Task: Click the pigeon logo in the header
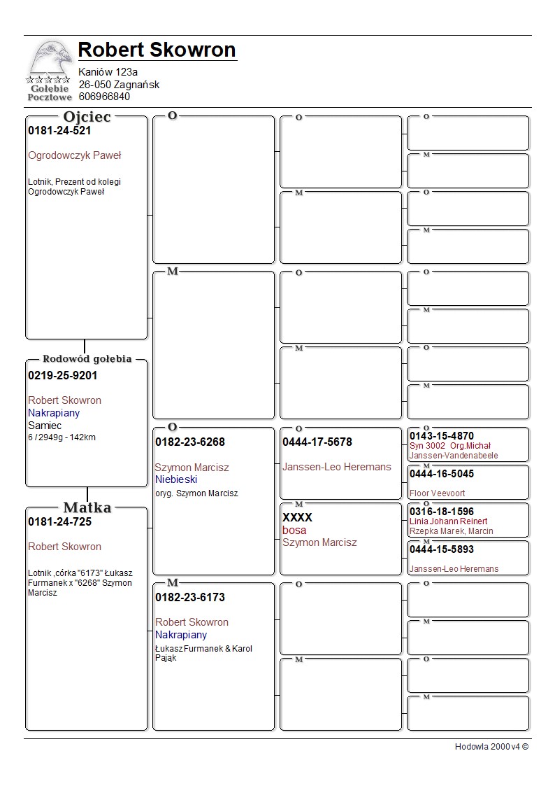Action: (x=49, y=70)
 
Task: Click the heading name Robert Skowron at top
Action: (x=157, y=50)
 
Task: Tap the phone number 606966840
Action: (x=104, y=97)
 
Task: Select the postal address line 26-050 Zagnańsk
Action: (x=119, y=85)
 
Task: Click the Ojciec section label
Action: (x=87, y=117)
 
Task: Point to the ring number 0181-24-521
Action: (x=59, y=131)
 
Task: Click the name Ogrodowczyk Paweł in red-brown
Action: (x=75, y=155)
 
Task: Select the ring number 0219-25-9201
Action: (x=63, y=376)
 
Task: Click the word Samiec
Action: (x=45, y=426)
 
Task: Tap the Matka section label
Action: (x=87, y=508)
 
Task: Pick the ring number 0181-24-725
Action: (x=59, y=522)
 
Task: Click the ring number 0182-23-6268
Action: (x=190, y=442)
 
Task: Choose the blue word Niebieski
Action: (x=176, y=479)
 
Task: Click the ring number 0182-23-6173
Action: (x=190, y=598)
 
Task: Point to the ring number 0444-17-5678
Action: (x=317, y=442)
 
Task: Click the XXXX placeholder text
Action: (x=297, y=518)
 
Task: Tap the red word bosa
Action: (x=294, y=531)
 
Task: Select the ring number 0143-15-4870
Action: (x=442, y=436)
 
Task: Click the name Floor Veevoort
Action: (x=438, y=493)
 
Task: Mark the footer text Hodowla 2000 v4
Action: (x=491, y=747)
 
